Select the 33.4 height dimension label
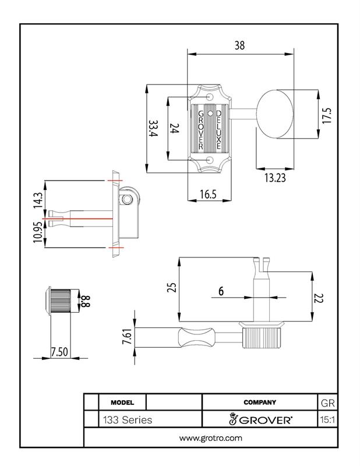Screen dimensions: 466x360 pos(153,129)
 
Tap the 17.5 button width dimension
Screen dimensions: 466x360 pos(327,115)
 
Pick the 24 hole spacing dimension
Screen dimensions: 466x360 pos(174,129)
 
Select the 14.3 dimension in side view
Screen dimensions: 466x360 pos(38,200)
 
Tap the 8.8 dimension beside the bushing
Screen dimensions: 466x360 pos(84,301)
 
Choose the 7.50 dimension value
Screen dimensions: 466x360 pos(59,352)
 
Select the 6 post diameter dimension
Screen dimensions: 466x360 pos(221,291)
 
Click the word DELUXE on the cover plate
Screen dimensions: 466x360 pos(218,129)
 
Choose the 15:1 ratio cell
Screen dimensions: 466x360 pos(327,419)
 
